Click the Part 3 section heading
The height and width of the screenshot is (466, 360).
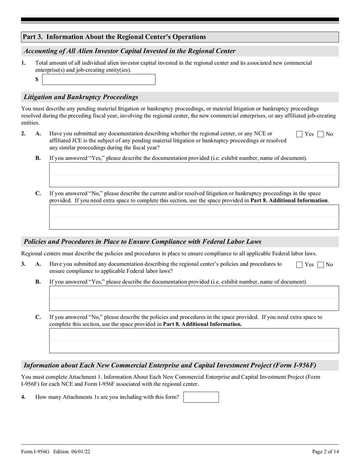(x=114, y=37)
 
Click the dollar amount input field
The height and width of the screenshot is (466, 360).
(x=99, y=80)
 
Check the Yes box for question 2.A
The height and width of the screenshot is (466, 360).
(x=300, y=134)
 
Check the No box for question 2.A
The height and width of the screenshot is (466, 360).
(x=320, y=134)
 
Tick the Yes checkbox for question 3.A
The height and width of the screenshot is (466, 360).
(x=300, y=265)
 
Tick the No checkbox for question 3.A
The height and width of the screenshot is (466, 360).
(x=320, y=265)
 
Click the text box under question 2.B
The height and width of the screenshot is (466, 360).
(x=194, y=175)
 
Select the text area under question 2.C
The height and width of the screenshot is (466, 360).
(x=194, y=217)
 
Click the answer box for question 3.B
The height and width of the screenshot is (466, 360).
(x=194, y=298)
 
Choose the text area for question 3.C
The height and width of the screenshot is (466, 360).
(x=194, y=340)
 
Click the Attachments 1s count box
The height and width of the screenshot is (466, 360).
(x=201, y=397)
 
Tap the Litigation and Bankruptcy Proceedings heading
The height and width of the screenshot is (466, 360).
(x=81, y=97)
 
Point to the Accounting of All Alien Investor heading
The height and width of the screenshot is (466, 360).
(x=129, y=51)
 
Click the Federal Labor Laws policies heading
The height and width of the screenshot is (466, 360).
(x=142, y=242)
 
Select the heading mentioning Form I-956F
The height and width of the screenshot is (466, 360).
(x=173, y=365)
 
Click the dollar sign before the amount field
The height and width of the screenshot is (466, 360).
(x=37, y=80)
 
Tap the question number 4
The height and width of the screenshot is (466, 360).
(x=23, y=397)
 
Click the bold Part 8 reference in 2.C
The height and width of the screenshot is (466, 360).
(x=289, y=200)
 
